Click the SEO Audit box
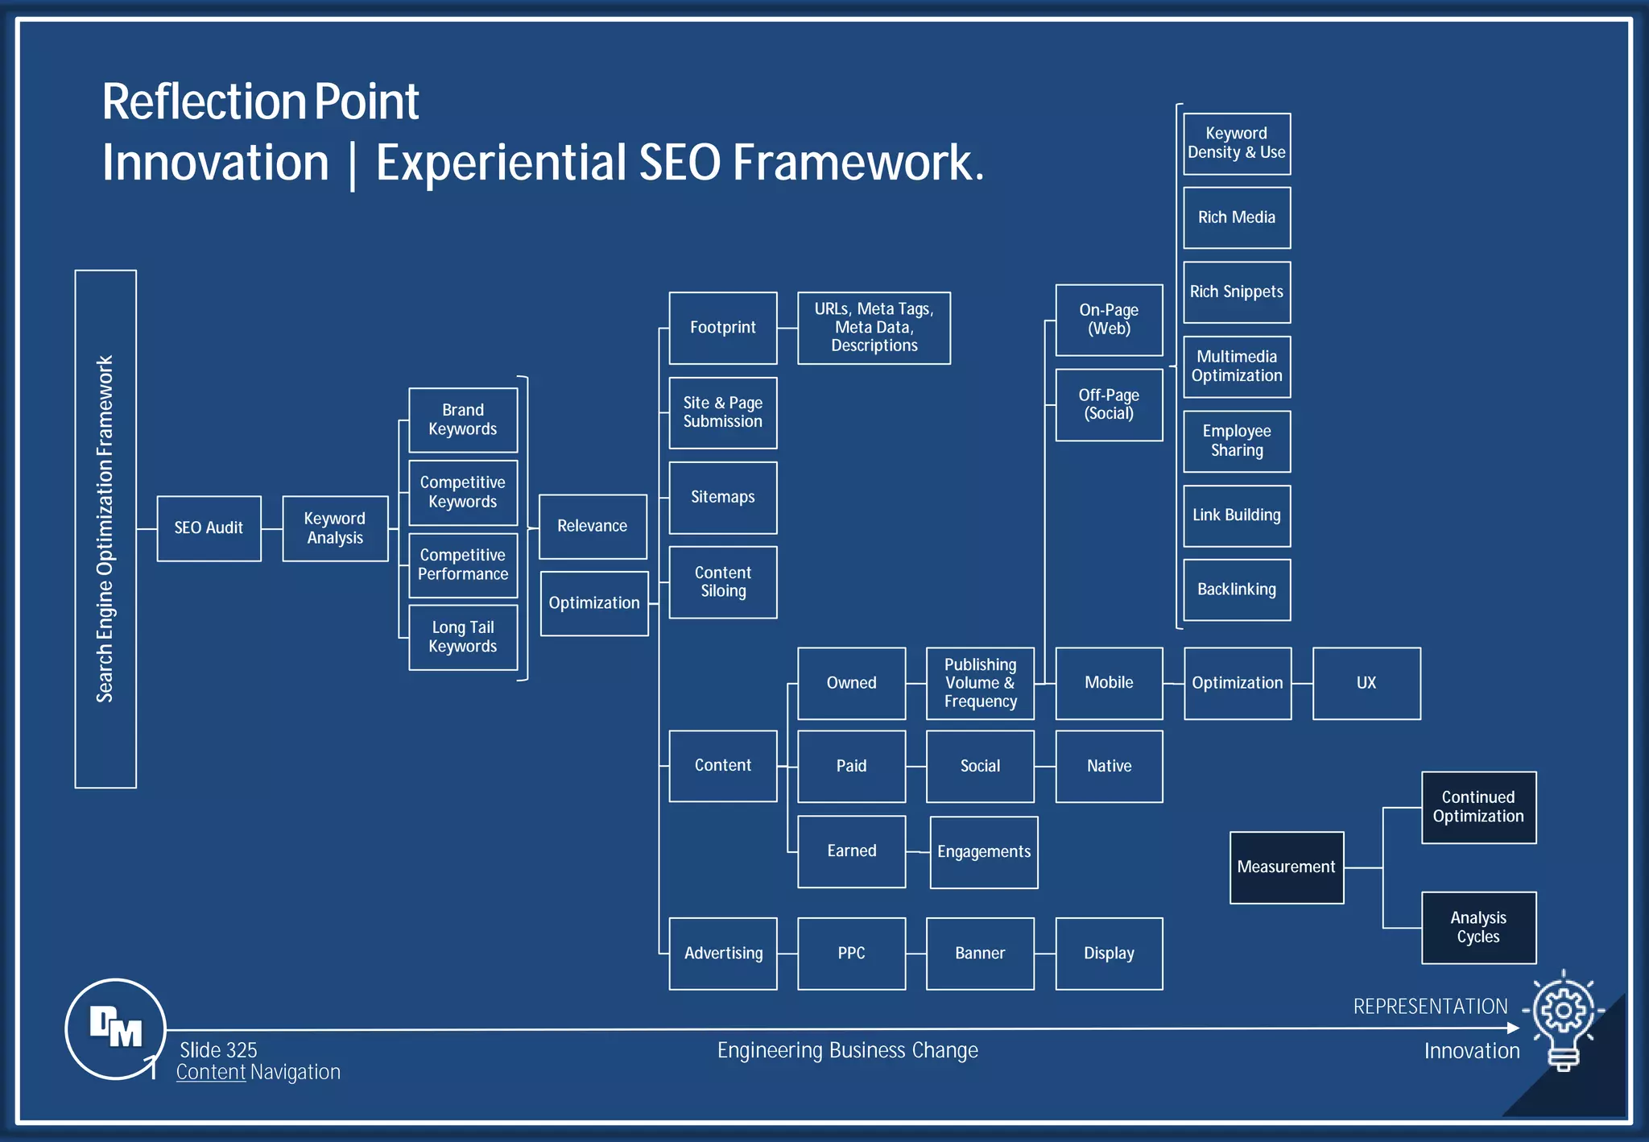(209, 528)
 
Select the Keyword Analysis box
(335, 528)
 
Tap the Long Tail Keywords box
(463, 637)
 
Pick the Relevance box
(593, 526)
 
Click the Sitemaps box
(723, 497)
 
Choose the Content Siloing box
(723, 581)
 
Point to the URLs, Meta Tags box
(874, 328)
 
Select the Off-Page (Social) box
(1109, 404)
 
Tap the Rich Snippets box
(1237, 292)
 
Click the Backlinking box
(1237, 590)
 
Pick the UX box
(1366, 683)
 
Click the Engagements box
(984, 852)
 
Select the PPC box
(851, 954)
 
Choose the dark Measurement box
(1287, 867)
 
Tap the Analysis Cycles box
(1478, 927)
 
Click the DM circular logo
(115, 1028)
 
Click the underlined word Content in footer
(211, 1073)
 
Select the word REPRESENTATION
(1430, 1007)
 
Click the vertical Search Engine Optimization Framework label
(105, 528)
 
